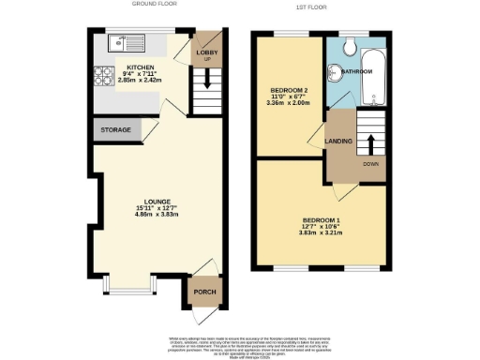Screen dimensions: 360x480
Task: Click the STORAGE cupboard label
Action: [x=115, y=130]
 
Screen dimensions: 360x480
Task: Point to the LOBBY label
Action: [x=205, y=52]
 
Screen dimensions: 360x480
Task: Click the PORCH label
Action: [x=204, y=292]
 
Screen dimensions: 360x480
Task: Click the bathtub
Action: [x=373, y=70]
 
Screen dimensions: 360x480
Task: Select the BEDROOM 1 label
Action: [x=322, y=220]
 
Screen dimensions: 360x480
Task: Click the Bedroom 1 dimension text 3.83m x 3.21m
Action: [x=322, y=233]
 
